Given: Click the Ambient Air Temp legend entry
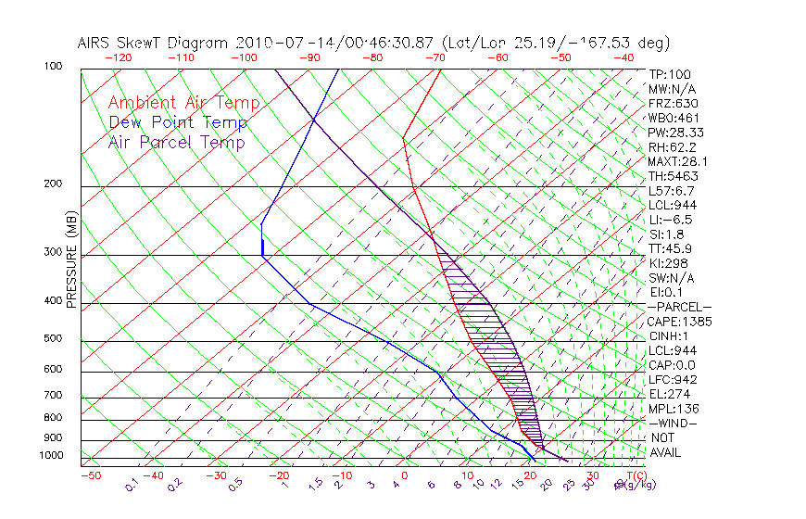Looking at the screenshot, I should coord(183,104).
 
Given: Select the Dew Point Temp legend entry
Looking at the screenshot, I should coord(178,123).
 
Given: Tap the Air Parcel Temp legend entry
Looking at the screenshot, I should coord(176,143).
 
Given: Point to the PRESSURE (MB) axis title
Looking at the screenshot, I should coord(72,264).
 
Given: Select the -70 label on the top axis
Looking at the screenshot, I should coord(434,57).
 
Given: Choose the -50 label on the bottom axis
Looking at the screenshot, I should coord(90,476).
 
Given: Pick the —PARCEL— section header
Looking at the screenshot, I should coord(679,307).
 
